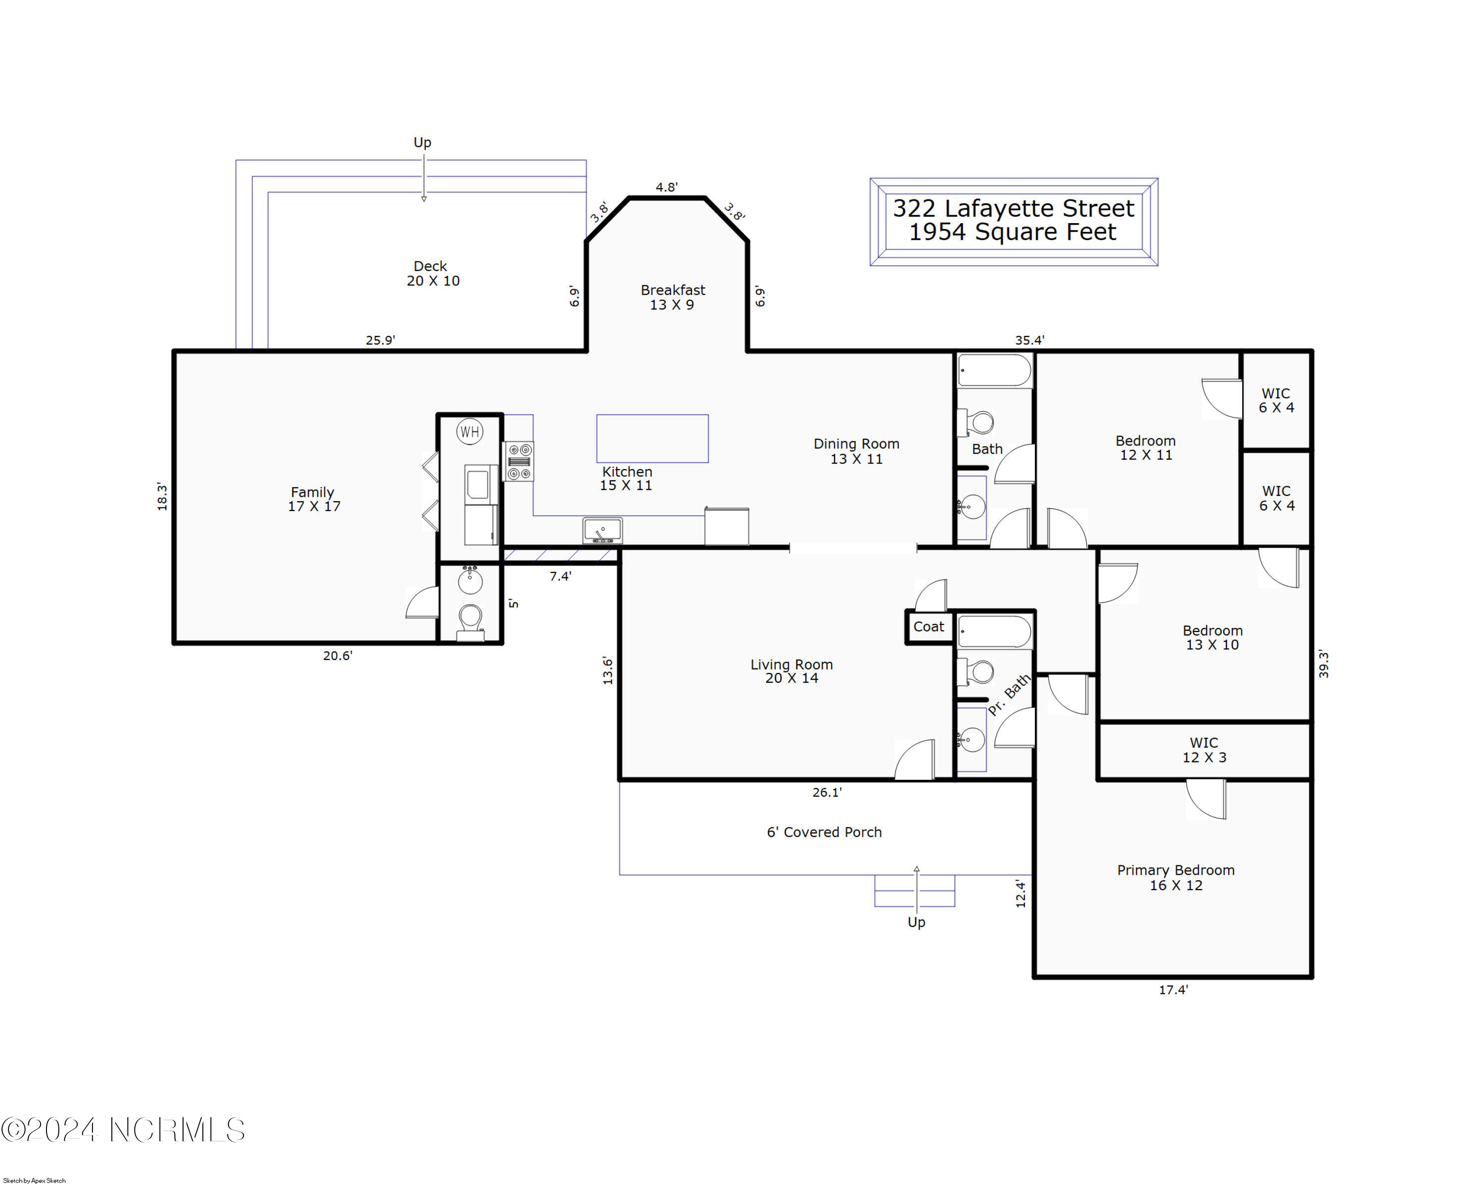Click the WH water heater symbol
point(469,431)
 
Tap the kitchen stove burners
point(519,461)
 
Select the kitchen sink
point(603,530)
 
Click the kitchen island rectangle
point(652,438)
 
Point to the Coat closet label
point(928,626)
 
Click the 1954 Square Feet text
point(1013,232)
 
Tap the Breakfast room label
point(672,297)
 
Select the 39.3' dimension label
point(1323,664)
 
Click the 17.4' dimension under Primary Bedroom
point(1173,990)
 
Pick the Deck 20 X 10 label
point(432,273)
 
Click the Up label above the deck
point(422,142)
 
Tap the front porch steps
point(915,891)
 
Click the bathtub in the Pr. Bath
point(995,632)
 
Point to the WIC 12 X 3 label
point(1204,750)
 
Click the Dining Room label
point(856,451)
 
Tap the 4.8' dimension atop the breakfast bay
point(666,187)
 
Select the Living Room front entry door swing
point(915,759)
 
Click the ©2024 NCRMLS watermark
point(123,1130)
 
